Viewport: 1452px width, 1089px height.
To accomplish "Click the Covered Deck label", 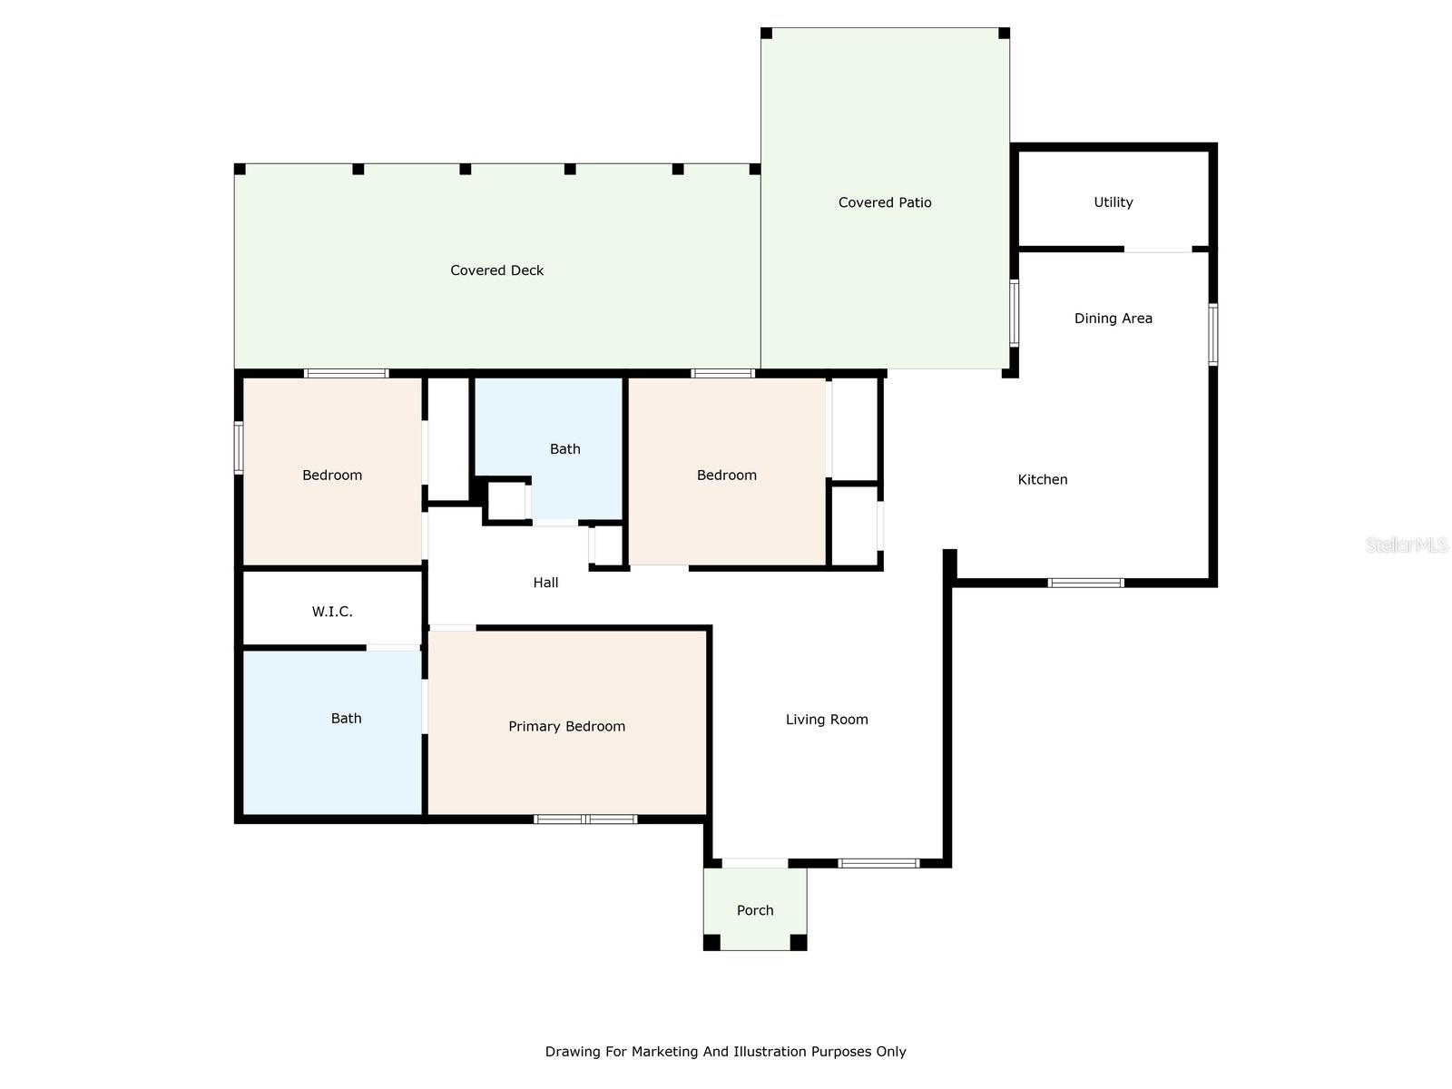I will (496, 270).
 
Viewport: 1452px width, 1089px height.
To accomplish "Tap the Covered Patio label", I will (885, 202).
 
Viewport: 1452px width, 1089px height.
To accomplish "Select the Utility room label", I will (1113, 202).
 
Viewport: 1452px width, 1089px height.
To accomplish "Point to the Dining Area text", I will (1113, 319).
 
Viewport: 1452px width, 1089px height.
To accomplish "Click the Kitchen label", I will (1042, 479).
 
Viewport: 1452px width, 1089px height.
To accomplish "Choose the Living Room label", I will (827, 720).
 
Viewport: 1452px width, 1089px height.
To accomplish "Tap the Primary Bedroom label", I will (566, 726).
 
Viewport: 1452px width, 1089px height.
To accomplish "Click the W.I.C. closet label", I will (332, 612).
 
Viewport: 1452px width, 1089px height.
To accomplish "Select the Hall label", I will (545, 583).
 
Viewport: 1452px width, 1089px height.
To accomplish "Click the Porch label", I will (755, 910).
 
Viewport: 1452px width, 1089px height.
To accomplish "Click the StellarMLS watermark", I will (1407, 545).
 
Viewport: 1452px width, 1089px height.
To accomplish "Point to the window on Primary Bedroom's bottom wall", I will (585, 819).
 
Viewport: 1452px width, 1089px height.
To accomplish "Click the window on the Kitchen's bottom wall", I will (1085, 583).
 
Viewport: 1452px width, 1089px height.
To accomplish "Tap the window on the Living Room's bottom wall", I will (878, 863).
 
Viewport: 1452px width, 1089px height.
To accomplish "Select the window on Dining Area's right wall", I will (1213, 335).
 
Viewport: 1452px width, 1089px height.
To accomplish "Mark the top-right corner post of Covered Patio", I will (1004, 34).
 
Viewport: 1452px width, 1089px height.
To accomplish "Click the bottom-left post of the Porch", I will (711, 943).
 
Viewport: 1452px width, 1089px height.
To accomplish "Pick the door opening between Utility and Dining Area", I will (1157, 250).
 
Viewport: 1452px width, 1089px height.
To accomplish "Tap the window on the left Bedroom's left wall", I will (239, 447).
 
